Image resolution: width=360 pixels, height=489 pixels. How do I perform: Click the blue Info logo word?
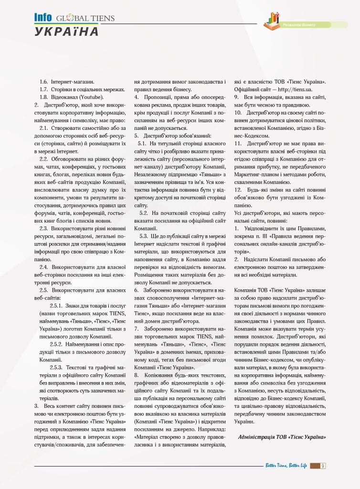coord(42,18)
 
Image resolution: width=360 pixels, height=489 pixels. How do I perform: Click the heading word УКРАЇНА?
coord(66,32)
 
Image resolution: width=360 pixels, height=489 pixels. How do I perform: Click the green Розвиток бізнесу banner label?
coord(299,24)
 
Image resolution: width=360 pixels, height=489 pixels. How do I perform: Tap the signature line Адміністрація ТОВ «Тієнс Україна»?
coord(282,436)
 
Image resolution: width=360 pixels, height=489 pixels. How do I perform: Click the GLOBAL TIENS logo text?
coord(85,18)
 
